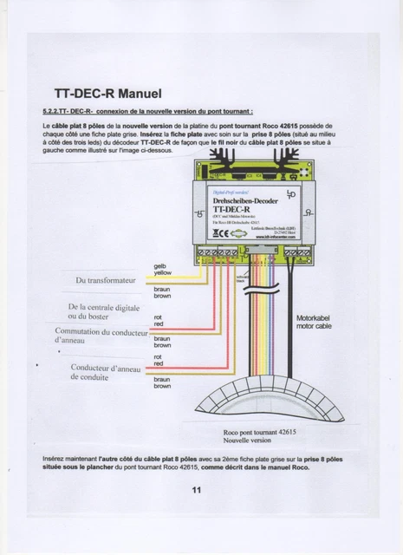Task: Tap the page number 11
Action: pyautogui.click(x=198, y=489)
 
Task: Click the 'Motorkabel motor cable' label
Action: pyautogui.click(x=314, y=322)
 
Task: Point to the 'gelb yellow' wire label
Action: pyautogui.click(x=162, y=270)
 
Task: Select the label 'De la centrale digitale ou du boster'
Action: pyautogui.click(x=104, y=312)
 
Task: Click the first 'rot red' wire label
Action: pyautogui.click(x=159, y=321)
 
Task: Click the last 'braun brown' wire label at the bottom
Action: pyautogui.click(x=162, y=382)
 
